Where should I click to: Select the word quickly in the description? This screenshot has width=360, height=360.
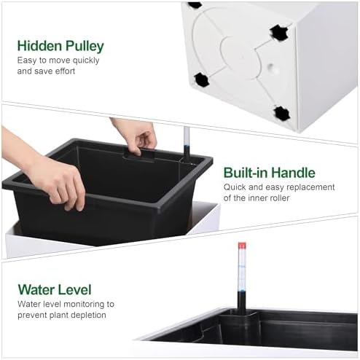(x=86, y=60)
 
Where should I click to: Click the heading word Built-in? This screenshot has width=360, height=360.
(x=246, y=173)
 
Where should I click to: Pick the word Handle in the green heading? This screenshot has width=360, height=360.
(x=293, y=173)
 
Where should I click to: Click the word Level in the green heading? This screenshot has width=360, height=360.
(x=74, y=290)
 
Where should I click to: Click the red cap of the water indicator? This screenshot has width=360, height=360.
(x=242, y=246)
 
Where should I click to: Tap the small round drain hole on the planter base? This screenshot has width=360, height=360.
(x=270, y=66)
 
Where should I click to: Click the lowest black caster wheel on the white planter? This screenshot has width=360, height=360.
(x=282, y=113)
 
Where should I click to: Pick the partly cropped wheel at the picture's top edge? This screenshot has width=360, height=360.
(x=195, y=5)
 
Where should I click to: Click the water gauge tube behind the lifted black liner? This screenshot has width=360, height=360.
(x=187, y=144)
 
